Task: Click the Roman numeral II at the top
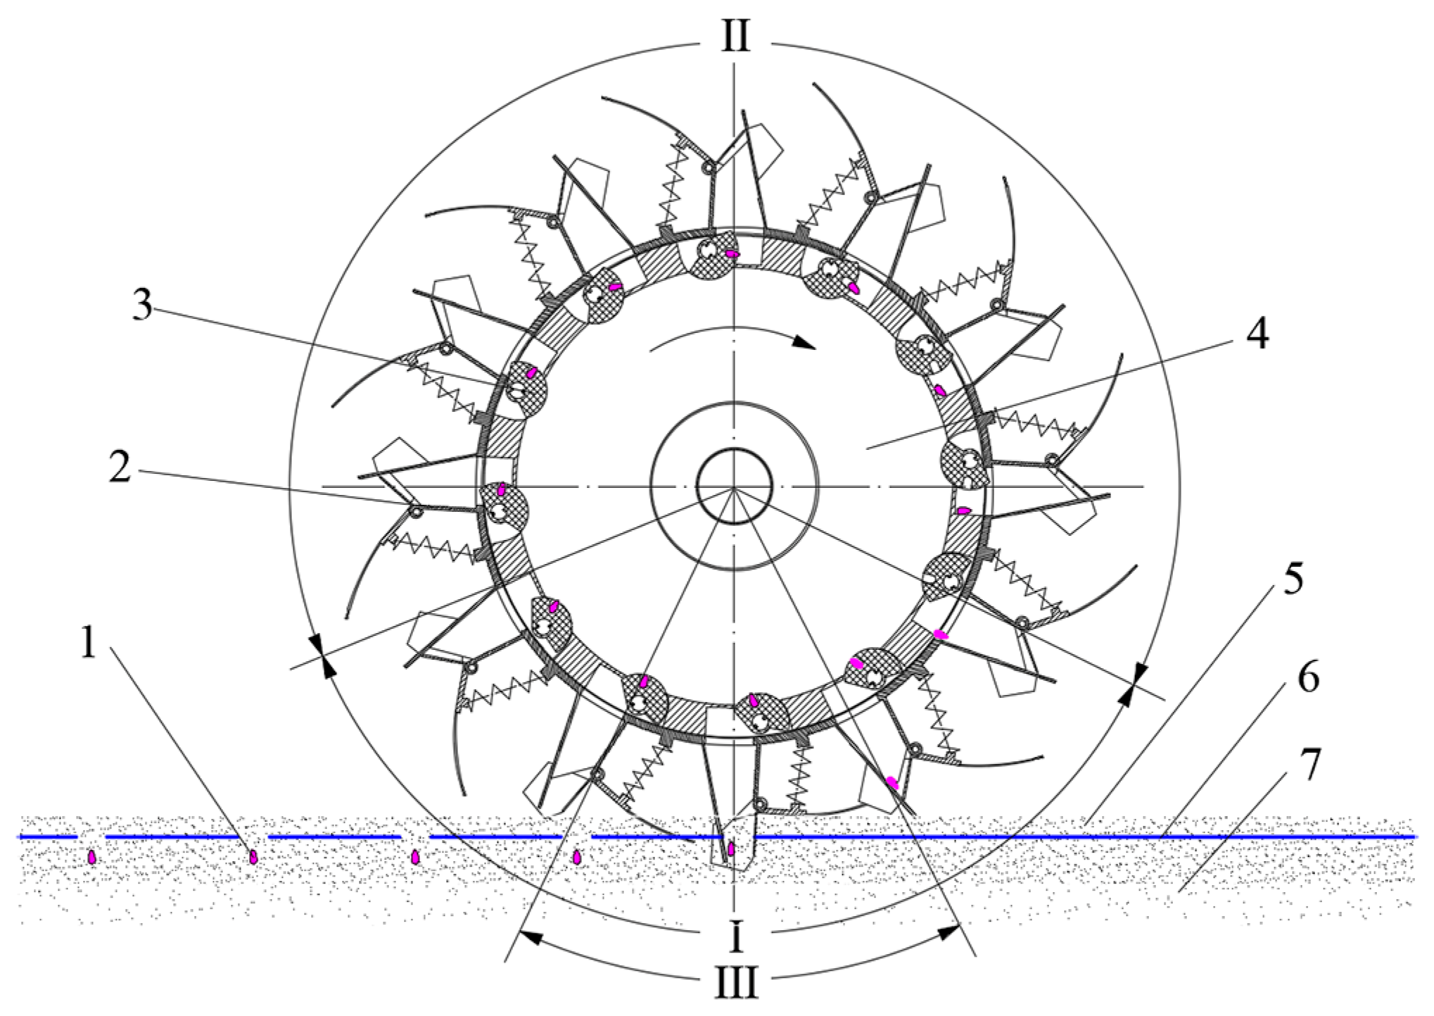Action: point(735,37)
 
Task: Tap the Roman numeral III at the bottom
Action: point(737,983)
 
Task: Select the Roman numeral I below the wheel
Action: point(736,937)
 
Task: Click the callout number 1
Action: point(88,643)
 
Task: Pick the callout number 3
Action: point(143,305)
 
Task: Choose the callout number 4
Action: point(1257,334)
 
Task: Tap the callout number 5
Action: point(1293,579)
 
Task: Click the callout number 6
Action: point(1308,678)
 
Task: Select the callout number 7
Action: point(1309,765)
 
